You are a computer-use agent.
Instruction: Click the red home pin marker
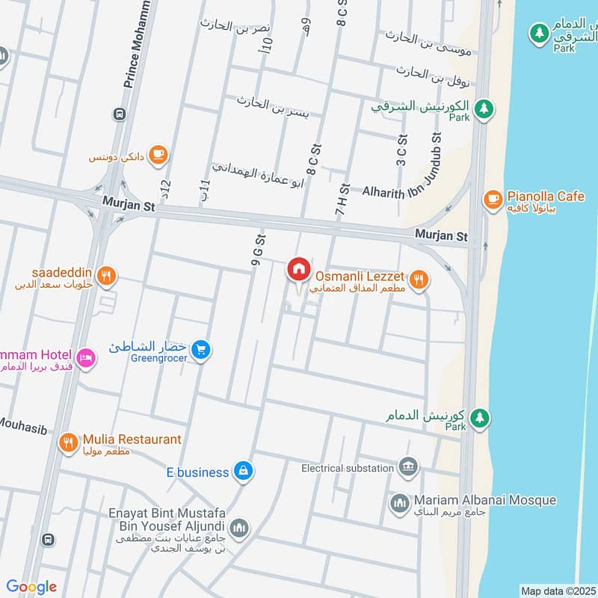[x=299, y=269]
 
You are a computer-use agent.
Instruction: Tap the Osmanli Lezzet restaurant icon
[x=420, y=280]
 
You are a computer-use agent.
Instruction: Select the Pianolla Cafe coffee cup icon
[x=493, y=198]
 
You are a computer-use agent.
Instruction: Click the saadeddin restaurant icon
[x=107, y=275]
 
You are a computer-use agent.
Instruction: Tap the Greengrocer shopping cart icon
[x=200, y=348]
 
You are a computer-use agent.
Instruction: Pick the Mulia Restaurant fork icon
[x=68, y=443]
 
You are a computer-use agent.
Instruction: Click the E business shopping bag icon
[x=242, y=471]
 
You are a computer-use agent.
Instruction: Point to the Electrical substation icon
[x=408, y=467]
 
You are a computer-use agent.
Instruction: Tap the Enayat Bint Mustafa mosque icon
[x=238, y=529]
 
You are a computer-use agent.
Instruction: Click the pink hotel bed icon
[x=85, y=358]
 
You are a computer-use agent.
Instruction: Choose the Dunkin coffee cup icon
[x=158, y=155]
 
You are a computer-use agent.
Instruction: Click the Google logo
[x=31, y=587]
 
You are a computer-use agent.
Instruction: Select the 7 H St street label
[x=342, y=200]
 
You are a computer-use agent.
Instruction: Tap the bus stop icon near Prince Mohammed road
[x=118, y=114]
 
